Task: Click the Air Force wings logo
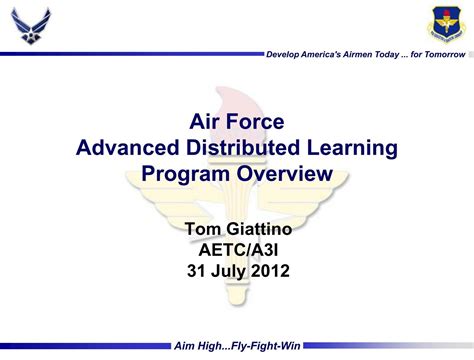[x=31, y=26]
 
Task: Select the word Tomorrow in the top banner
[x=441, y=53]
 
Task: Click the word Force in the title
[x=259, y=122]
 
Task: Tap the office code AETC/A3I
[x=236, y=250]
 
